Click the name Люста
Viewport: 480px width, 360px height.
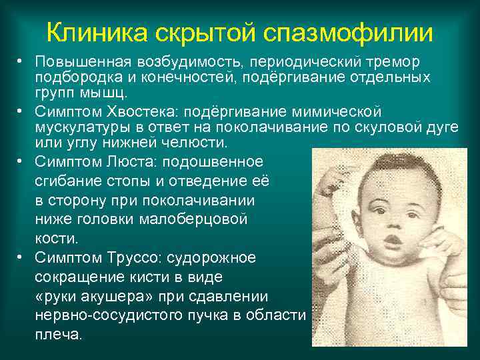click(131, 162)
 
